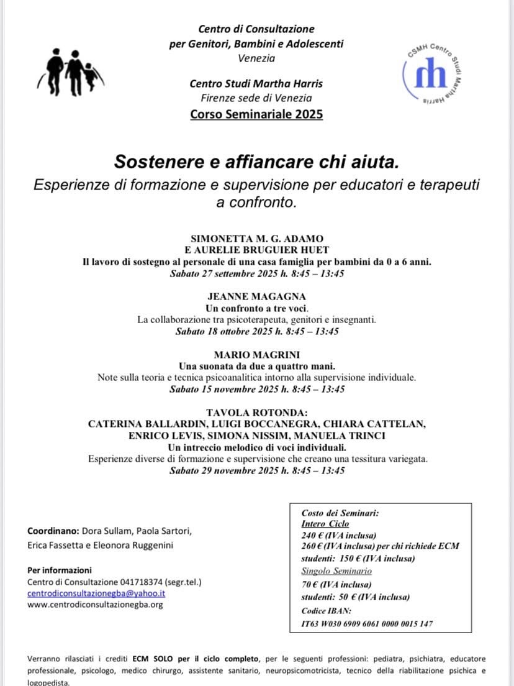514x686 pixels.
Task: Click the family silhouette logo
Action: pos(71,71)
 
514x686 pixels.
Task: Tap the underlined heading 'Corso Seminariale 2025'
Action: pos(256,114)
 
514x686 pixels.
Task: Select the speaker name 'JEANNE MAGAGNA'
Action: pos(256,296)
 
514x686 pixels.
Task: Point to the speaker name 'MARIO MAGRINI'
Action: pos(256,354)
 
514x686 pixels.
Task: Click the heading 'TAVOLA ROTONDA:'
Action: pos(256,412)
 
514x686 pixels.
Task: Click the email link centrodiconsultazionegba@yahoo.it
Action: pos(96,593)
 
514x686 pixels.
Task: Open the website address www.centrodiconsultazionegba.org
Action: pos(95,605)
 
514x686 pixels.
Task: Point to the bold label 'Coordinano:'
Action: pos(53,531)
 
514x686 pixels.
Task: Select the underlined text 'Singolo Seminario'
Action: pos(336,571)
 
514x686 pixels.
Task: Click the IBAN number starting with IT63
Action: pos(367,623)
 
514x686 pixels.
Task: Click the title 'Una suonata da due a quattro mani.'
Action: pos(256,366)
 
